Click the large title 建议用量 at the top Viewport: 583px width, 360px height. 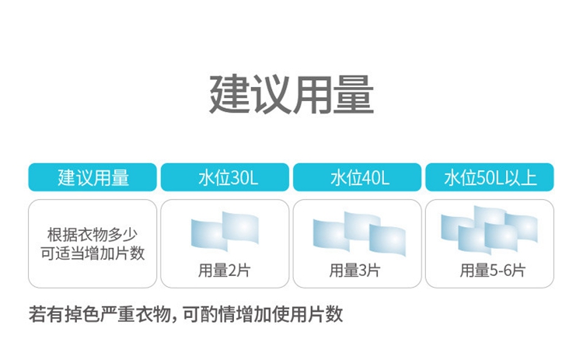pos(291,94)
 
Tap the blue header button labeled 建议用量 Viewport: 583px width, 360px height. pos(93,177)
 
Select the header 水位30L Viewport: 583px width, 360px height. pos(225,177)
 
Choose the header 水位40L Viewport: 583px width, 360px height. pos(358,177)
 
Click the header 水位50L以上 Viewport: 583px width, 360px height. pos(490,177)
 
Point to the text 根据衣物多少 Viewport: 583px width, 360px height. pos(93,235)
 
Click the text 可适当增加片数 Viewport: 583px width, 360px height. pos(93,253)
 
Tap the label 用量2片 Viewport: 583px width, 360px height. pos(224,271)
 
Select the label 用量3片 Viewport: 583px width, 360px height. pos(355,271)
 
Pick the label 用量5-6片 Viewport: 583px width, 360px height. pos(492,271)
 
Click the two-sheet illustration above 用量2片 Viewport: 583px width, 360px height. pos(225,232)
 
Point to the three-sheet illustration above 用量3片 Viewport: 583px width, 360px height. pos(359,233)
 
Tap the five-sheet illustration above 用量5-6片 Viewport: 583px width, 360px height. pos(489,230)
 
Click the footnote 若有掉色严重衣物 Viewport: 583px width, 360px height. pos(100,314)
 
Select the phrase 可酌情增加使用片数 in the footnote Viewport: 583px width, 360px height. pos(263,314)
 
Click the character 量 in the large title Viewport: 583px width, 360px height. pos(354,94)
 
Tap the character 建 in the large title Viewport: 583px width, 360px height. pos(229,94)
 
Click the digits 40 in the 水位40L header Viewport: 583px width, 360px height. pos(371,178)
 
